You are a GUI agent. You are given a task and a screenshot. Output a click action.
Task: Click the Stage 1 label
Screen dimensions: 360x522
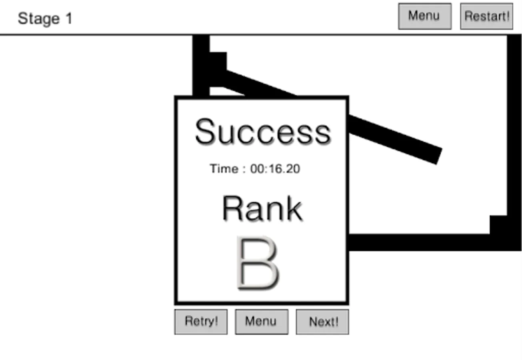[x=45, y=18]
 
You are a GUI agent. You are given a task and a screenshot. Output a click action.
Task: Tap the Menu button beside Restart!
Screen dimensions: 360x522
[x=424, y=16]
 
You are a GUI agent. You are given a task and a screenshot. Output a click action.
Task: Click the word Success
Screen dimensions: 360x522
[x=263, y=132]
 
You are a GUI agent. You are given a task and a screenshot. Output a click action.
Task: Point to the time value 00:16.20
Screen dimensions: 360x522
[x=275, y=169]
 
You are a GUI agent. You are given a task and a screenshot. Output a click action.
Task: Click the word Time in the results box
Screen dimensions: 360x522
[x=224, y=169]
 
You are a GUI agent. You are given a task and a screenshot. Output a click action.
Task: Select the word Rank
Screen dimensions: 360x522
[x=262, y=208]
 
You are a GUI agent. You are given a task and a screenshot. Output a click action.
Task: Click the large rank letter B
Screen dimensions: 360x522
[x=258, y=262]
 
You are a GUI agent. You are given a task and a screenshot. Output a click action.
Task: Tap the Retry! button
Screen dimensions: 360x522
[x=201, y=322]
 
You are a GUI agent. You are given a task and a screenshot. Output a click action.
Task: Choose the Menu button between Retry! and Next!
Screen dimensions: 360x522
[x=261, y=322]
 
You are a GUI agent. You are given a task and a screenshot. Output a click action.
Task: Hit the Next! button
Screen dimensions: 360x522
[x=322, y=322]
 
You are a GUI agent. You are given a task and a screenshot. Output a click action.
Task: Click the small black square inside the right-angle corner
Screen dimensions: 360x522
[x=498, y=224]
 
